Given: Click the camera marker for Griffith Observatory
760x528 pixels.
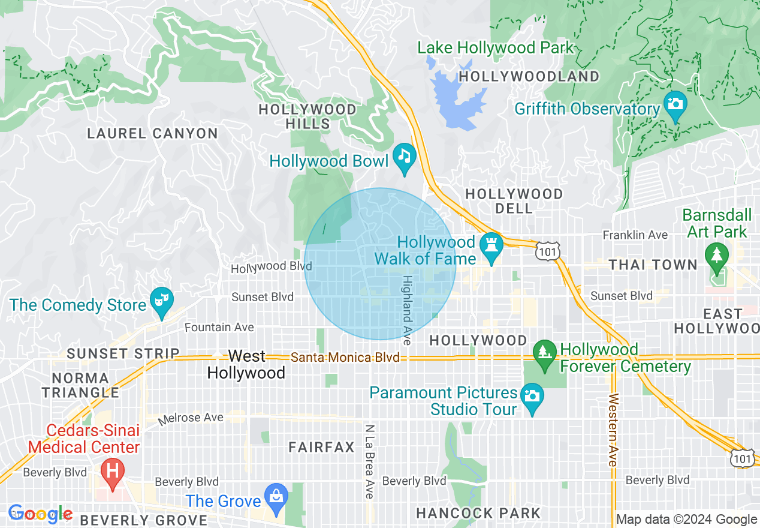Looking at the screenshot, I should [675, 104].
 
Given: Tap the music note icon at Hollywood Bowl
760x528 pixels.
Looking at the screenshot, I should [405, 157].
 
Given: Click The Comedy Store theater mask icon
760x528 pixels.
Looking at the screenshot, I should [162, 298].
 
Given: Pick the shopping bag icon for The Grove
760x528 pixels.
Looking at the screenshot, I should [276, 497].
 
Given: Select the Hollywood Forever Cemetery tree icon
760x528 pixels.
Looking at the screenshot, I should [544, 350].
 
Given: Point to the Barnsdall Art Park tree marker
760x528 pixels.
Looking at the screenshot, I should [716, 254].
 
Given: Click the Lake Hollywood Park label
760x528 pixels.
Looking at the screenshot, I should [496, 48].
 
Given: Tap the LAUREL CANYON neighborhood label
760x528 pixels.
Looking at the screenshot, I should [152, 133].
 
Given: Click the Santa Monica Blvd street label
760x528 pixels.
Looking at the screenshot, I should [345, 358].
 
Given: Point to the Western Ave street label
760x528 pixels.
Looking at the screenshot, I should [613, 430].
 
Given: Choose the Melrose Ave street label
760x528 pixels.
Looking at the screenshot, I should [191, 418].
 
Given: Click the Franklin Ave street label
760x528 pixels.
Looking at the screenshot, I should [635, 235].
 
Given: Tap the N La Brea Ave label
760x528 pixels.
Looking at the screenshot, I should [370, 461].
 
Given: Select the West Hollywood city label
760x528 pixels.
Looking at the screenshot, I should [246, 364].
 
